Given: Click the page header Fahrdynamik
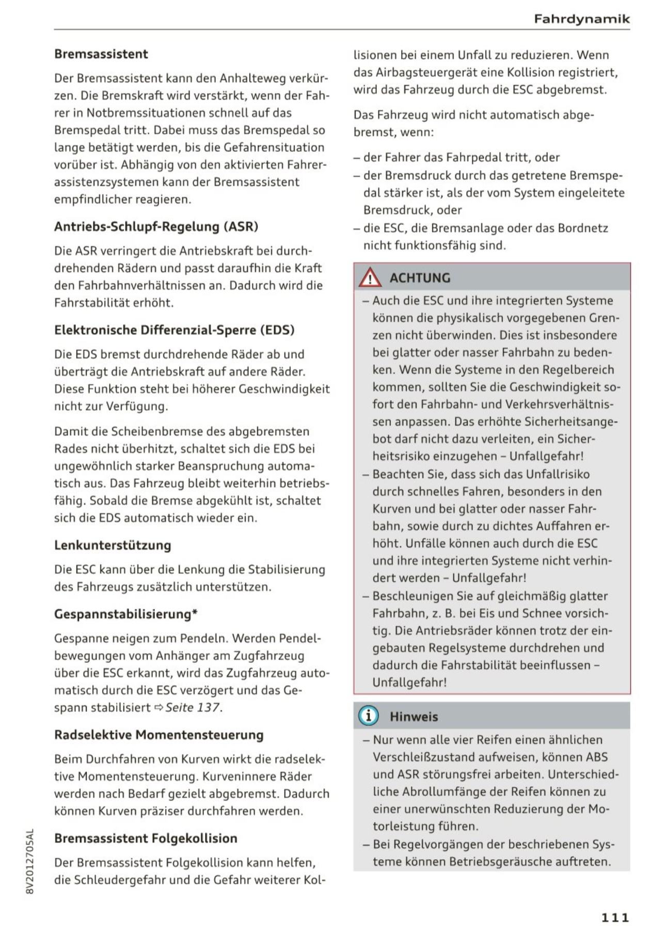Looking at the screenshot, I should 582,20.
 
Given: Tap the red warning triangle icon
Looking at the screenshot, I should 370,278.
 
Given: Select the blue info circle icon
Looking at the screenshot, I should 368,716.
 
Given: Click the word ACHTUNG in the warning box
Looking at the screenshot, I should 420,278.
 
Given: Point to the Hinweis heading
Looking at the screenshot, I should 414,717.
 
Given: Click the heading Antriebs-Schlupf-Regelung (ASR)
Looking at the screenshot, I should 156,226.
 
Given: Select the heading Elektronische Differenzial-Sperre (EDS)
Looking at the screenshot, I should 174,330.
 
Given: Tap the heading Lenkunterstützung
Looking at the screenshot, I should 113,545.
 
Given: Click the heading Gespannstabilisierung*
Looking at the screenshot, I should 126,614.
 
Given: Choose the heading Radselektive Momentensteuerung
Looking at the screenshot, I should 158,735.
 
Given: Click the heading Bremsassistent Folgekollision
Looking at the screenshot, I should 146,838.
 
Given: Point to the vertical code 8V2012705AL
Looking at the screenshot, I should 29,861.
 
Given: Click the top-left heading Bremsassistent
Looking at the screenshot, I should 101,54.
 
